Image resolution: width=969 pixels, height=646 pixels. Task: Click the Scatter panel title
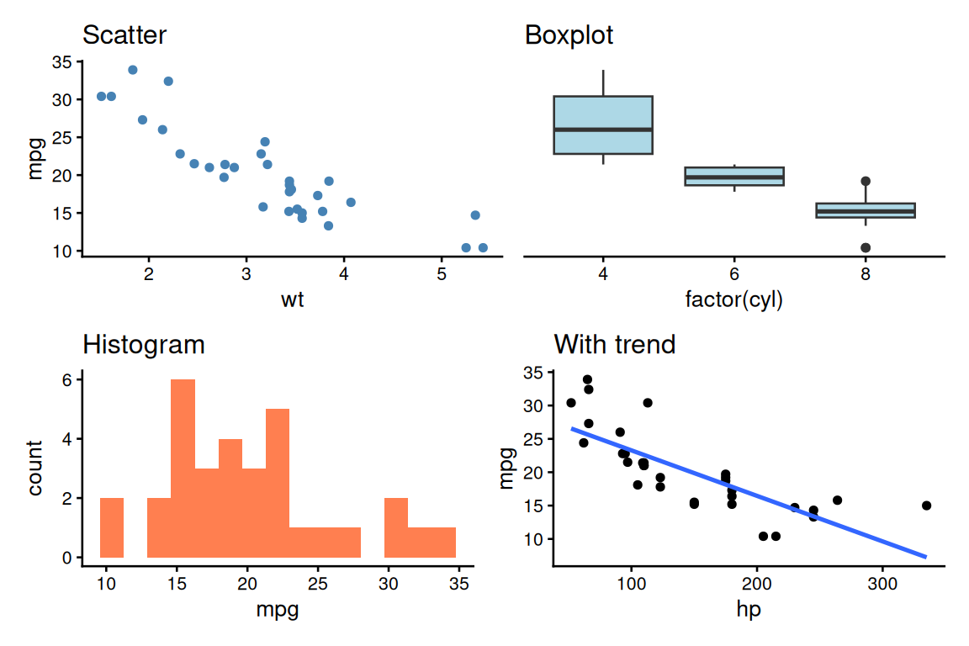(x=124, y=35)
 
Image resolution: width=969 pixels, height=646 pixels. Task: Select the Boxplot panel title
(x=569, y=35)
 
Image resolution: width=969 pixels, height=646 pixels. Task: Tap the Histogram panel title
(x=143, y=344)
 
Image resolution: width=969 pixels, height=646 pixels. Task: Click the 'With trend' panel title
(x=614, y=344)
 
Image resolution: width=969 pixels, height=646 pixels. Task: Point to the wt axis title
(x=292, y=299)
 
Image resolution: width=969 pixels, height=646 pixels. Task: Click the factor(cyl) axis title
(x=734, y=299)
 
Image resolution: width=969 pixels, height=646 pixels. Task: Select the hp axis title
(x=749, y=608)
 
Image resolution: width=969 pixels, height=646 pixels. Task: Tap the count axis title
(x=35, y=468)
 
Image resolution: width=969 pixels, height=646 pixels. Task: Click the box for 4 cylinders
(x=603, y=124)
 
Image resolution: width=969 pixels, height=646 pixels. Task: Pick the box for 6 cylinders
(x=734, y=176)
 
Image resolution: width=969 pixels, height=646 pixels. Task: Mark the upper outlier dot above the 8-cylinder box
(x=866, y=181)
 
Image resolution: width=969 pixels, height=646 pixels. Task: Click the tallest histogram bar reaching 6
(x=183, y=468)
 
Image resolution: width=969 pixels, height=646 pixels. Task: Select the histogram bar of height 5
(x=278, y=483)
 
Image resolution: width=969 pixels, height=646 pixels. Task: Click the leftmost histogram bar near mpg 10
(x=112, y=527)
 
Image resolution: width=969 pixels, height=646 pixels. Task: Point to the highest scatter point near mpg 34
(x=132, y=70)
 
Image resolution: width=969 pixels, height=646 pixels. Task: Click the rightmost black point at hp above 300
(x=926, y=506)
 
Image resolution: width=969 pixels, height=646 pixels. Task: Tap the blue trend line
(x=749, y=492)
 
